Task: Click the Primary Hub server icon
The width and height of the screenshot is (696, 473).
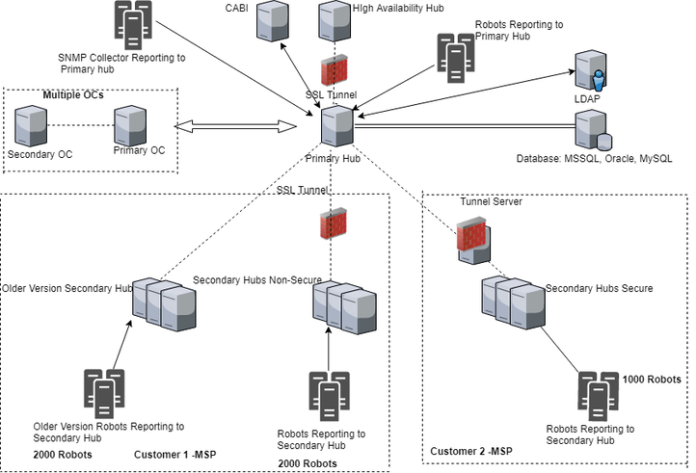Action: coord(335,126)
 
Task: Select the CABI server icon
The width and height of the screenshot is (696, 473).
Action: coord(273,21)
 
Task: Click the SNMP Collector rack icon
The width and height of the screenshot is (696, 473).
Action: coord(133,24)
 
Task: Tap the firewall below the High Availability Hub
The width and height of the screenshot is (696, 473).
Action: coord(334,73)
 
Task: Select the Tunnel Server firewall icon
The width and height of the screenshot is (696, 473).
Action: coord(470,238)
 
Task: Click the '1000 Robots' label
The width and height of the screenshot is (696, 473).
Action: coord(653,380)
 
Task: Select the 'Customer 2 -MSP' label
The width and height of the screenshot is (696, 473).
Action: coord(470,451)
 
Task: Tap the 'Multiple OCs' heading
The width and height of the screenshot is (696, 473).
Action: coord(72,94)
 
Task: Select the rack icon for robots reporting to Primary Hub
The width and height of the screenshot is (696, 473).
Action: coord(453,54)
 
